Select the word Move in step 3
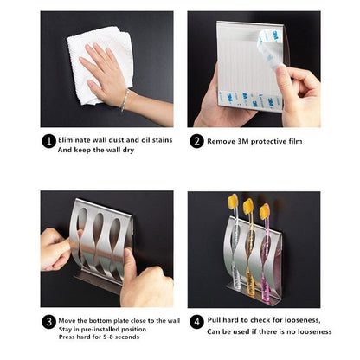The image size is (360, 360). tap(67, 319)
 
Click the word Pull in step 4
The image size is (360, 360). tap(215, 319)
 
